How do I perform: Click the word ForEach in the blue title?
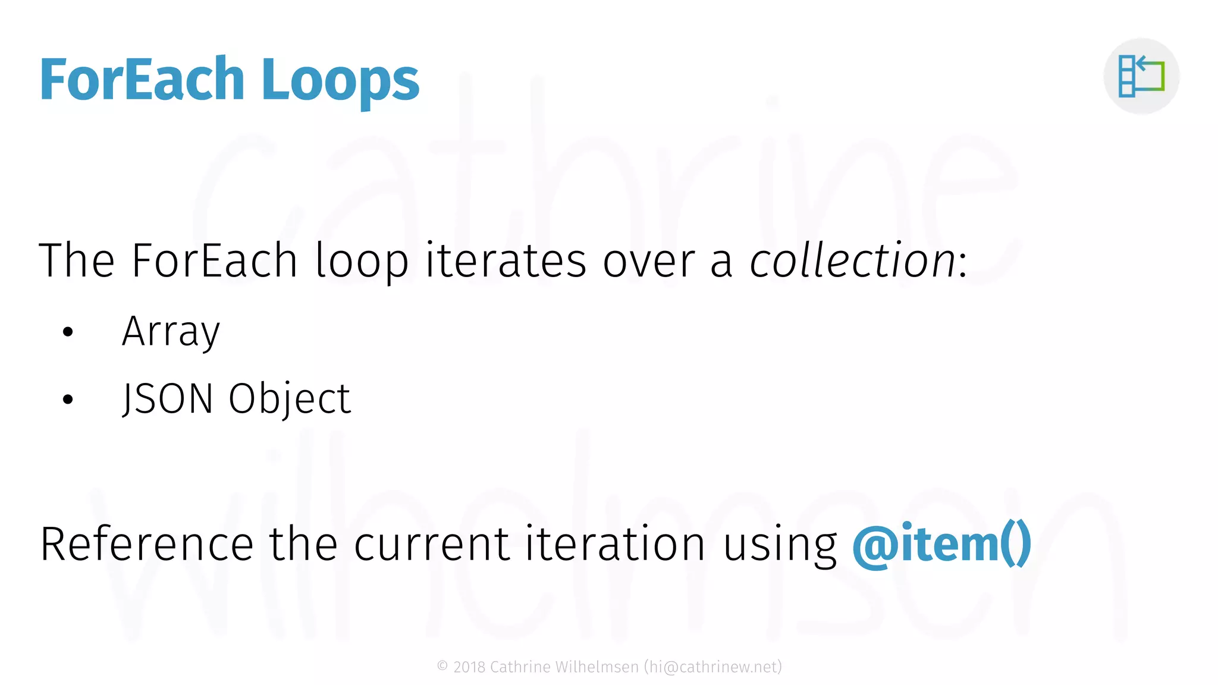142,80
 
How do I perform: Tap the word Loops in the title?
340,81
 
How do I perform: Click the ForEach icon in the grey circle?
1141,76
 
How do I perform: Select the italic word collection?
852,261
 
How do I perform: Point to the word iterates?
506,261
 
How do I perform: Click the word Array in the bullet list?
171,332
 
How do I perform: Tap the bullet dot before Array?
68,332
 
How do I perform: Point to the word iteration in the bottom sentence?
615,544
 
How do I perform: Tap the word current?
431,544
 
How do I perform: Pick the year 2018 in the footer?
469,667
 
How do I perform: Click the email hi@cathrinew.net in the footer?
712,667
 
